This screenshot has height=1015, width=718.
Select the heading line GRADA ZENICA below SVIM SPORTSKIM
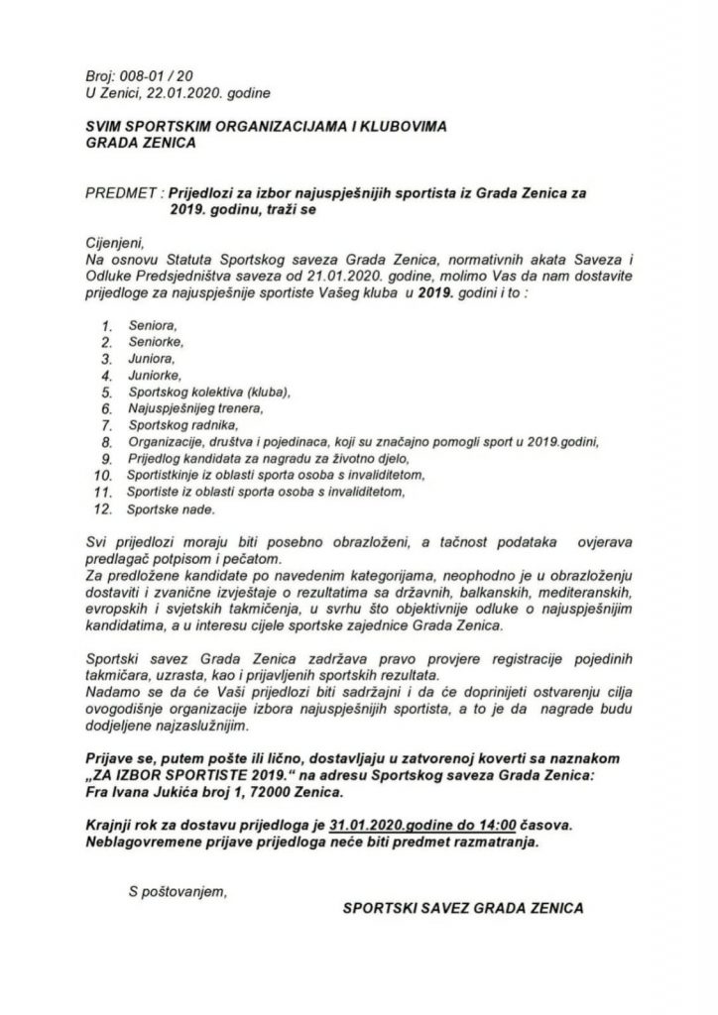point(140,141)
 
